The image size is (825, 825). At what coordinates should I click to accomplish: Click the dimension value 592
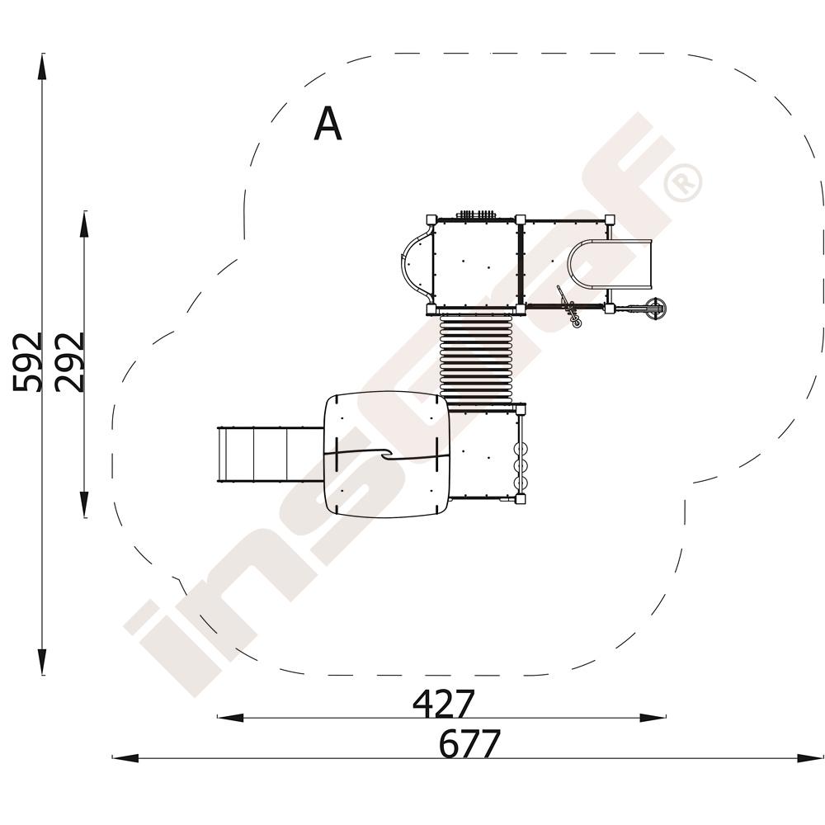coord(27,362)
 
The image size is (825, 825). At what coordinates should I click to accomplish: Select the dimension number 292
coord(70,362)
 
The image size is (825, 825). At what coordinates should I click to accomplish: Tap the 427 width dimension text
coord(443,704)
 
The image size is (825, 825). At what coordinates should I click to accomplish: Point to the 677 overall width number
coord(469,743)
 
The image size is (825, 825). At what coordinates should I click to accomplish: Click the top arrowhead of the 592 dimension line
coord(41,67)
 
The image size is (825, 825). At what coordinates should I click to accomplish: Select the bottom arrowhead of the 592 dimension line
coord(41,661)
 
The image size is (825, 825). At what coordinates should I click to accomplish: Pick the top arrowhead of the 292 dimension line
coord(84,224)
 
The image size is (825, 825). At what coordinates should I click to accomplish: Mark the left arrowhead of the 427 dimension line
coord(230,717)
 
